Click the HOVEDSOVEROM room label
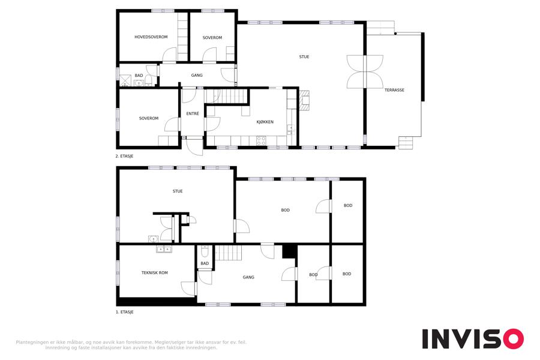tap(151, 37)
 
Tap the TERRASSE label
tap(394, 90)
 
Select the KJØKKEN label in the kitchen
tap(265, 122)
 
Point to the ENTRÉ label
tap(193, 113)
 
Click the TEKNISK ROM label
tap(154, 272)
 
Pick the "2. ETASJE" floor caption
tap(124, 156)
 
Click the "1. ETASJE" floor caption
tap(124, 312)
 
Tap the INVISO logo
tap(473, 339)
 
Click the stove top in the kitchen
tap(261, 140)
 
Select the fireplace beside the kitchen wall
tap(304, 100)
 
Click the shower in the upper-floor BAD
tap(125, 80)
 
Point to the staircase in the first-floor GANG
tap(229, 253)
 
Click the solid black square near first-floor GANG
tap(289, 251)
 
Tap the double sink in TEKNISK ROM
tap(164, 249)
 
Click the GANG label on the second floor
tap(197, 75)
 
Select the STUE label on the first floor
tap(178, 191)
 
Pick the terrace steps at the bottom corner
tap(406, 143)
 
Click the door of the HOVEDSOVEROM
tap(169, 55)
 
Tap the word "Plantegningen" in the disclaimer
tap(32, 343)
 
